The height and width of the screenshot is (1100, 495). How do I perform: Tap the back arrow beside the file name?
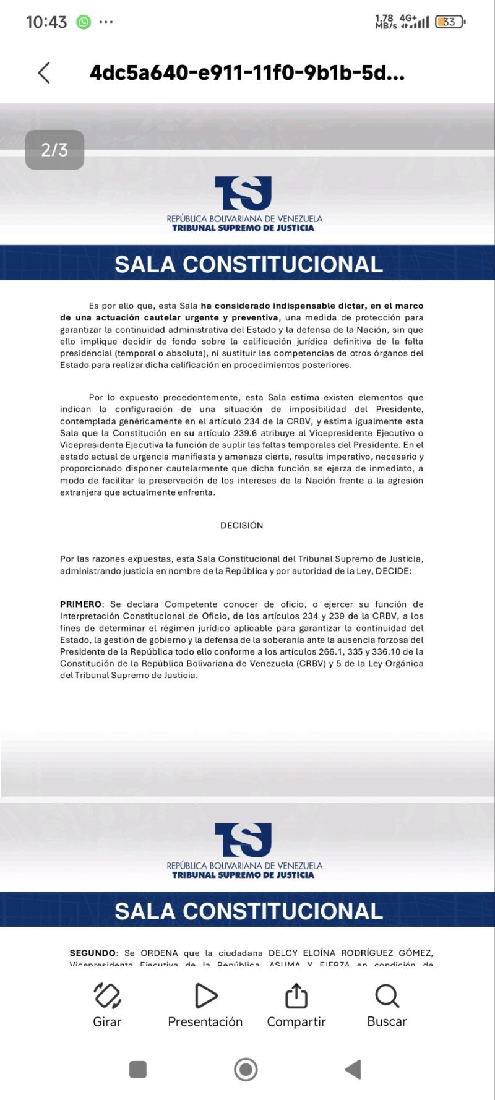click(x=44, y=73)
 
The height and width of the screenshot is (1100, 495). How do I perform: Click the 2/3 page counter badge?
click(x=54, y=150)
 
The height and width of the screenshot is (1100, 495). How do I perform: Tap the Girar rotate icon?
click(x=107, y=996)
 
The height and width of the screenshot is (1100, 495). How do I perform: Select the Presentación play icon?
click(x=205, y=996)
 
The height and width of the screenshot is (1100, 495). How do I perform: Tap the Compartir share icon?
click(x=296, y=996)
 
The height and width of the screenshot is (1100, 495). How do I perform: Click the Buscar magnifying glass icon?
click(x=387, y=996)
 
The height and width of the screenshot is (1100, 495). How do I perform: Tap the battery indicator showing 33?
click(x=450, y=22)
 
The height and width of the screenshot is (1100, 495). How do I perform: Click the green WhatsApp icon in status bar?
click(x=84, y=22)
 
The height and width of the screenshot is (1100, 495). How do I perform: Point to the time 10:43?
click(x=46, y=22)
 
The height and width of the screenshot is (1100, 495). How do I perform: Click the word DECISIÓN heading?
click(x=242, y=525)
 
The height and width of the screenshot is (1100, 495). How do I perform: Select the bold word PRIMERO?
click(x=81, y=604)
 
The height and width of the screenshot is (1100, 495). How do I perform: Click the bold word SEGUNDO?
click(x=93, y=953)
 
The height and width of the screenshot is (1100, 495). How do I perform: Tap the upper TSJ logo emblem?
click(x=243, y=193)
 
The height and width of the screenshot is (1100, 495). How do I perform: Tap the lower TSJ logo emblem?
click(x=243, y=840)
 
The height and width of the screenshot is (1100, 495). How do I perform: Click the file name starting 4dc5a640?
click(x=247, y=73)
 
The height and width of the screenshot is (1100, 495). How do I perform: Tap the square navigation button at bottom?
click(x=138, y=1069)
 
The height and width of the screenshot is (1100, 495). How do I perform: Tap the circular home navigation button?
click(x=246, y=1069)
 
